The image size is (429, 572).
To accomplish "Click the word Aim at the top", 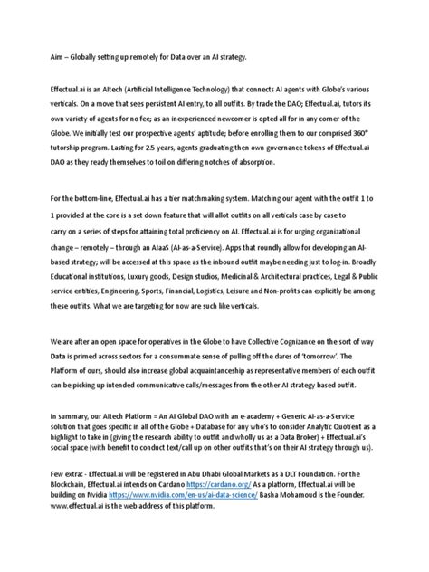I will click(34, 57).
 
